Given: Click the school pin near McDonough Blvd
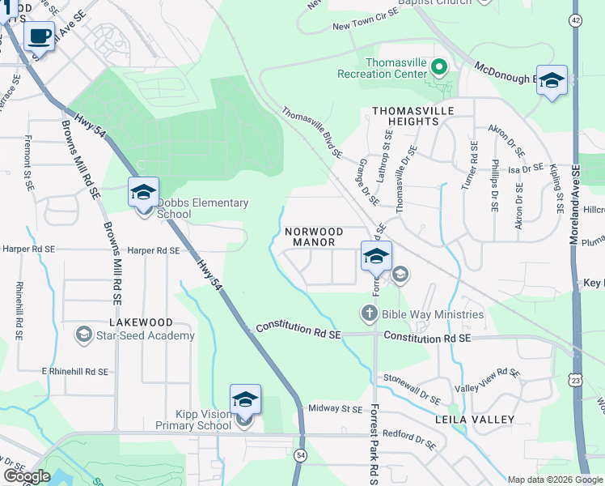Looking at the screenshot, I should pyautogui.click(x=552, y=81).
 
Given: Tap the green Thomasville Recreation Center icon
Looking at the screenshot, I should pyautogui.click(x=439, y=67).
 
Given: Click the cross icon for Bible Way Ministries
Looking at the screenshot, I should pyautogui.click(x=369, y=313).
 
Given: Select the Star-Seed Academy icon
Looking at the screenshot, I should pyautogui.click(x=84, y=335).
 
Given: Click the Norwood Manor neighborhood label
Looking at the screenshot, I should pyautogui.click(x=315, y=237).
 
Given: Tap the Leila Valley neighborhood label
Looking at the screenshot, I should pyautogui.click(x=475, y=419).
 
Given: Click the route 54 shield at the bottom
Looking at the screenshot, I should pyautogui.click(x=300, y=455).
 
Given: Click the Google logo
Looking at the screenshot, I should pyautogui.click(x=27, y=476).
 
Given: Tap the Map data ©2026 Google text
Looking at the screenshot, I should pyautogui.click(x=555, y=480).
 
